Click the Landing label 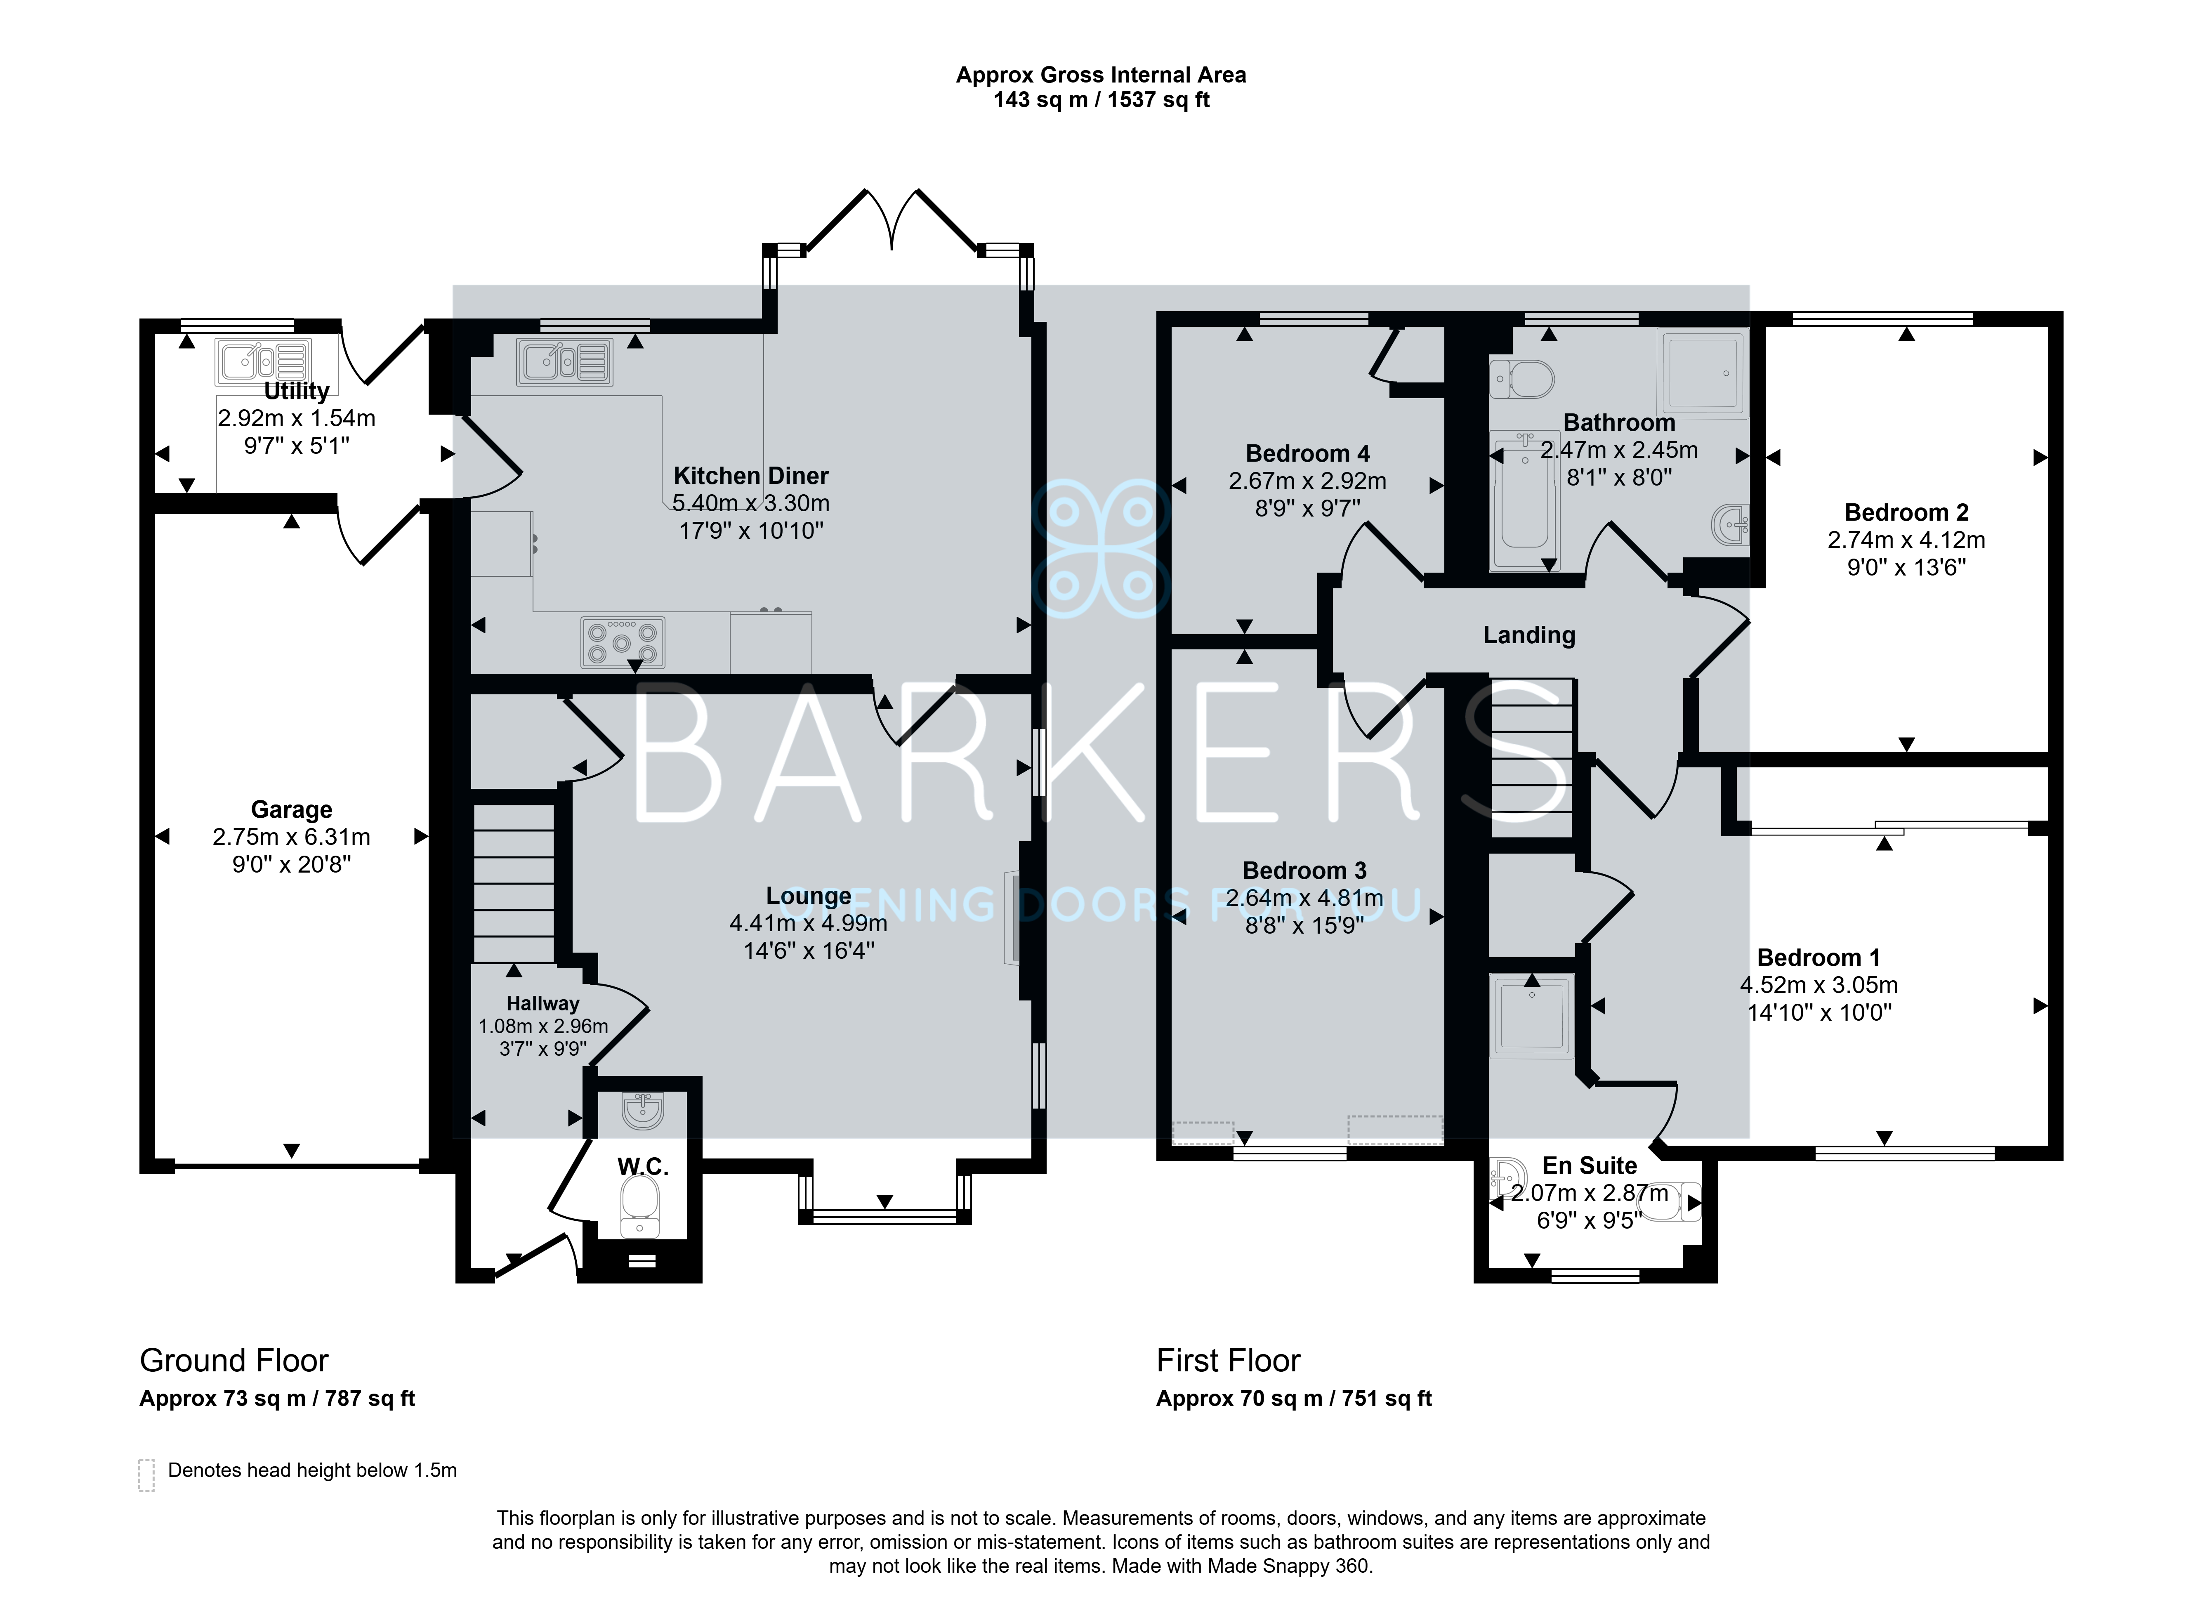(1529, 635)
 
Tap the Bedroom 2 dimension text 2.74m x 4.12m (1906, 540)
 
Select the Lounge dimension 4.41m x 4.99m (808, 922)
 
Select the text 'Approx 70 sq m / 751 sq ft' (1293, 1399)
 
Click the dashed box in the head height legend (146, 1475)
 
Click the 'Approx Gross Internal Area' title (1101, 75)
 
